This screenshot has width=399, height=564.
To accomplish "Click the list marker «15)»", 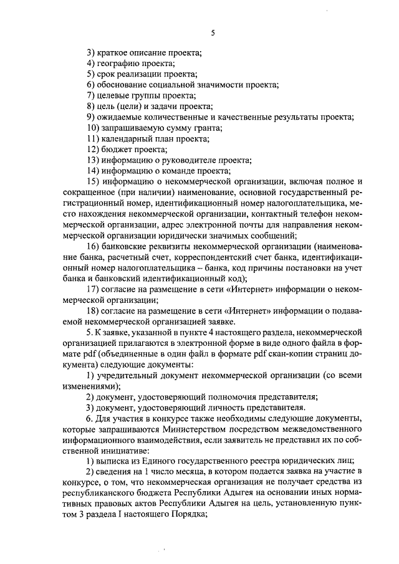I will (94, 181).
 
